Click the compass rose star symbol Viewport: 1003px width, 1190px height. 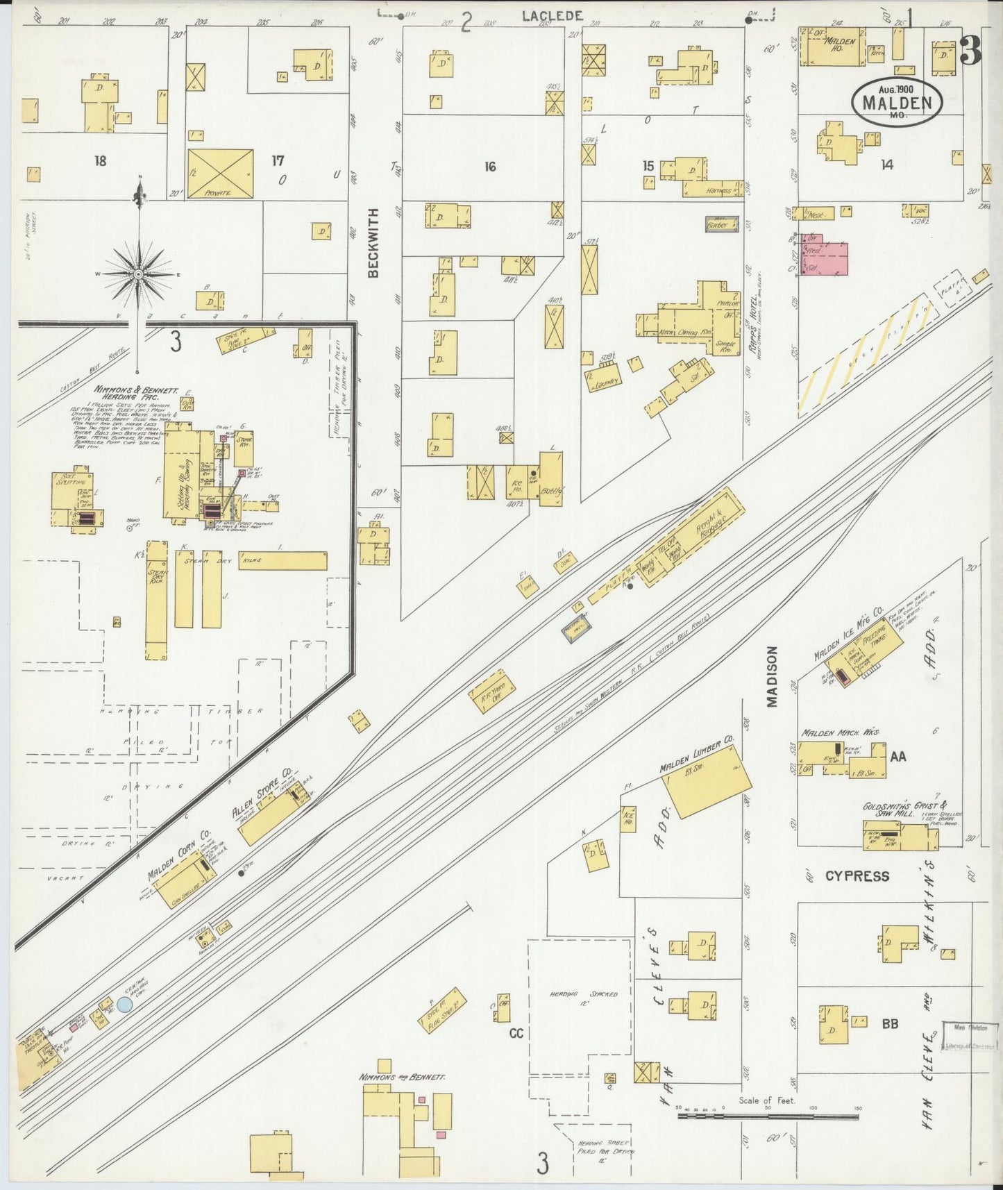click(139, 275)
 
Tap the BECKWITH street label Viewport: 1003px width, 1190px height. click(374, 243)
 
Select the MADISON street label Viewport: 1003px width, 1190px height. click(772, 677)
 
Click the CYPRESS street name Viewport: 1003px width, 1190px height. click(857, 876)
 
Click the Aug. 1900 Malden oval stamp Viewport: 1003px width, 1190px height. click(896, 100)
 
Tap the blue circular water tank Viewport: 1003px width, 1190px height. click(125, 1004)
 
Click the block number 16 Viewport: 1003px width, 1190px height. click(490, 167)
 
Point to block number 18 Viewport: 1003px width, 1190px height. click(101, 161)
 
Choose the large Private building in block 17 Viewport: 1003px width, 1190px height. click(220, 173)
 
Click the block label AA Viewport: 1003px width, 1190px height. click(897, 756)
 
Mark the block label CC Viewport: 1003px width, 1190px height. click(516, 1033)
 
